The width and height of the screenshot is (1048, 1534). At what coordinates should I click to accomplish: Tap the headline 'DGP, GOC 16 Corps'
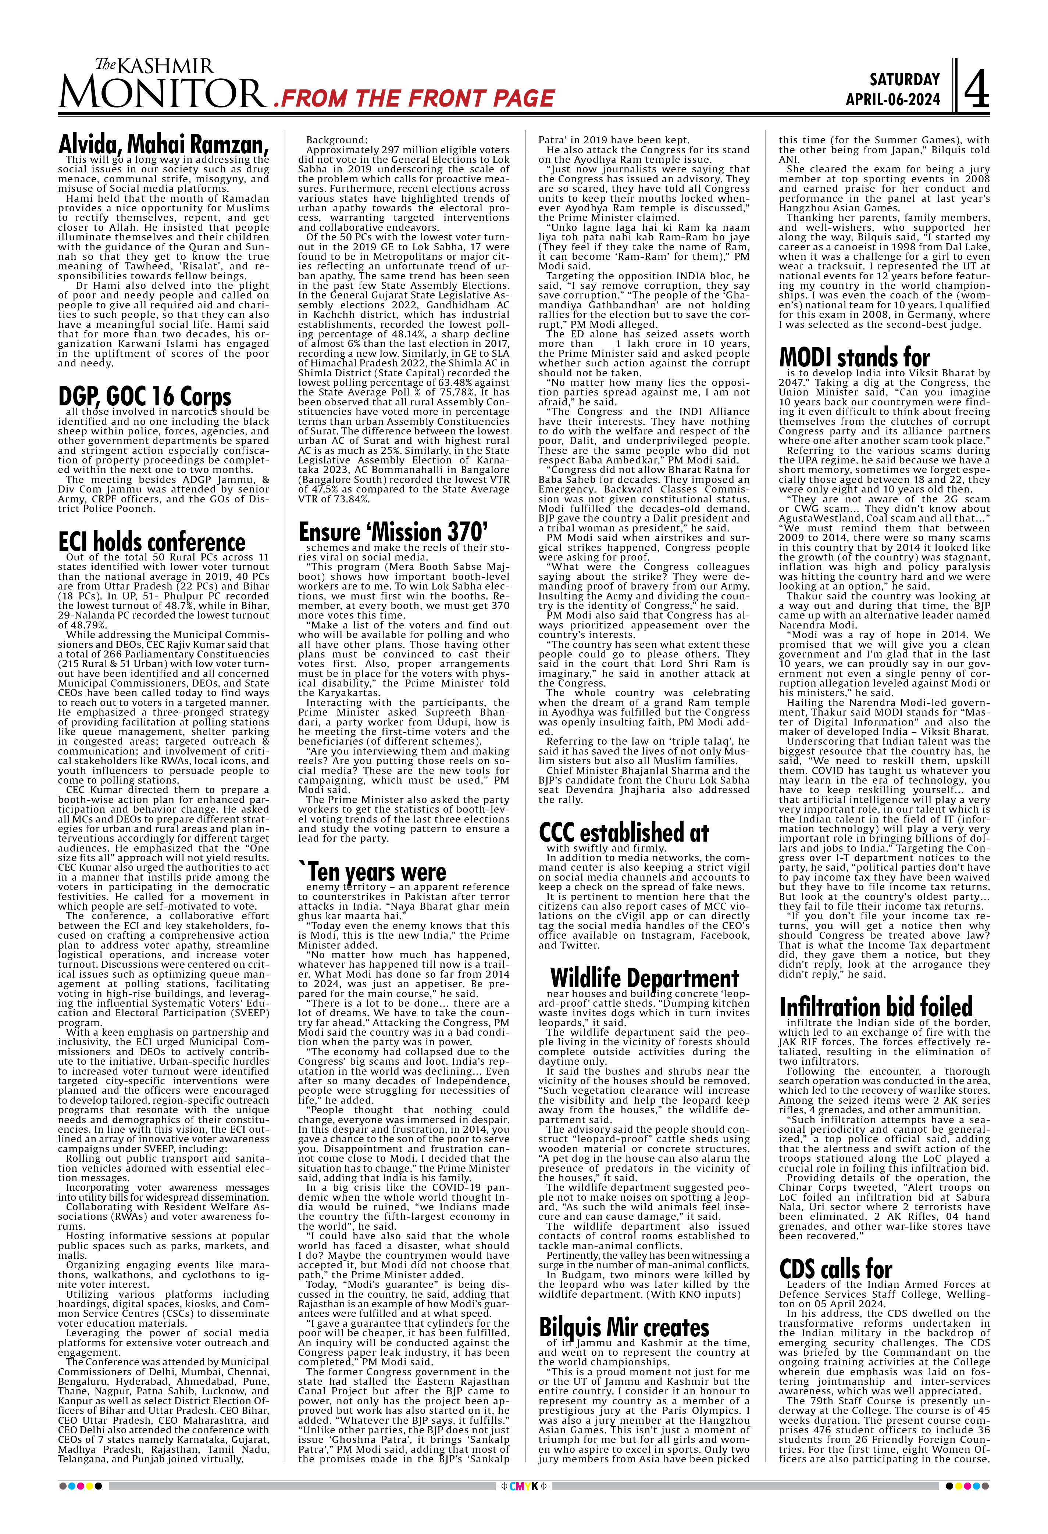tap(145, 396)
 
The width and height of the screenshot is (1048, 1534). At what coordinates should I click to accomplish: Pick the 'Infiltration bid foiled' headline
tap(876, 1007)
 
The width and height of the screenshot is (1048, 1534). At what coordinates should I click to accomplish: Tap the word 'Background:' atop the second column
tap(335, 140)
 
